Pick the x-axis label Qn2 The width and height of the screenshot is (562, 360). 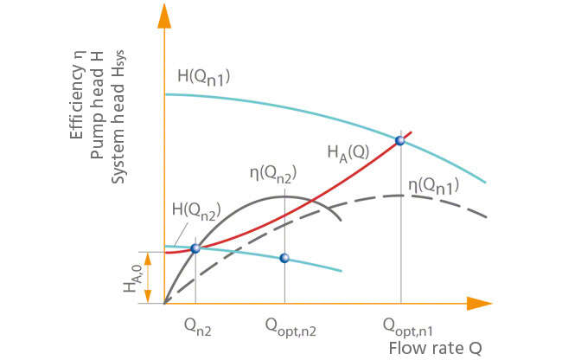pyautogui.click(x=196, y=327)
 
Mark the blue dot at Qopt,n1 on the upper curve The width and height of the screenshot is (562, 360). pyautogui.click(x=399, y=140)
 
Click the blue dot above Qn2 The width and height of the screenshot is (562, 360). pyautogui.click(x=195, y=247)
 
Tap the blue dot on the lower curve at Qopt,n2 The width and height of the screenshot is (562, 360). pyautogui.click(x=284, y=258)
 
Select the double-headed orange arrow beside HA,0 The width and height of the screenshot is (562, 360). pyautogui.click(x=150, y=277)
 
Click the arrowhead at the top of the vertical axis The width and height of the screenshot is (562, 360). pyautogui.click(x=163, y=14)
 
